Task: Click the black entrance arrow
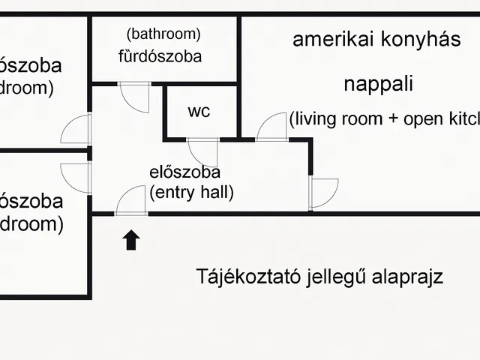[131, 240]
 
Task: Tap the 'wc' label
[199, 112]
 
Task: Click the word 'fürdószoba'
[160, 55]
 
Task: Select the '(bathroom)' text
[163, 34]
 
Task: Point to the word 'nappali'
[379, 84]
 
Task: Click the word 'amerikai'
[331, 40]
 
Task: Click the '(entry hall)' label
[192, 192]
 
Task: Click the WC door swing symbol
[202, 152]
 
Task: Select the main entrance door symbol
[131, 201]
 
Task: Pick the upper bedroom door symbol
[76, 129]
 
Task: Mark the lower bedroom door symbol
[76, 178]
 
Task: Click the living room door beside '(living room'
[272, 127]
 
